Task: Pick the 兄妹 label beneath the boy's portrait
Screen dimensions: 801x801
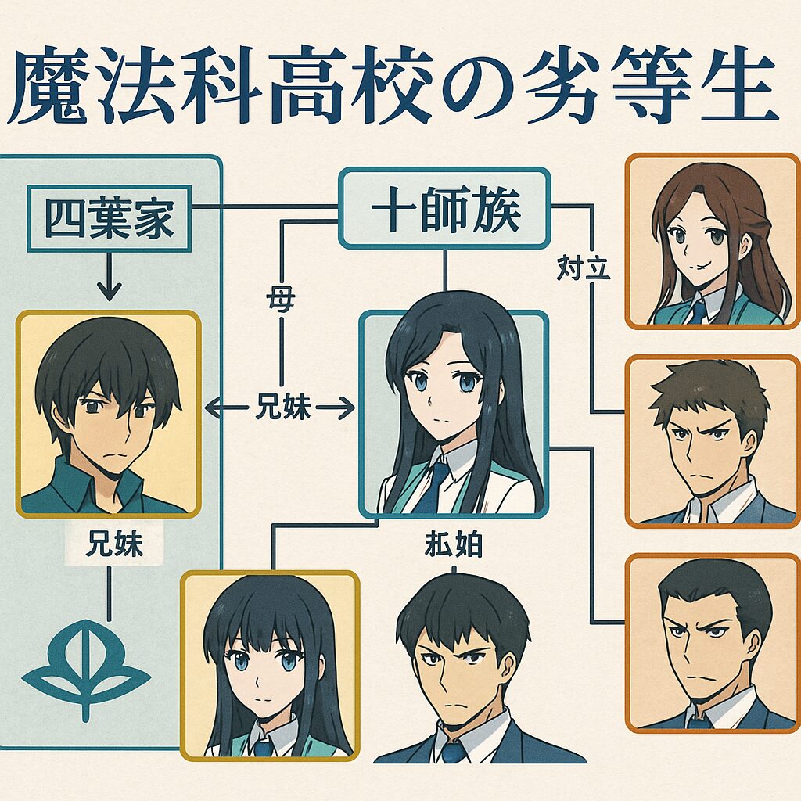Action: (113, 544)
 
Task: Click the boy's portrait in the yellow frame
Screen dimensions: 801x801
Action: (108, 412)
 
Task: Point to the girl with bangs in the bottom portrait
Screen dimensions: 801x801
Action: (270, 665)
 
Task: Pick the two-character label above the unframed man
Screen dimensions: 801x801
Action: (451, 544)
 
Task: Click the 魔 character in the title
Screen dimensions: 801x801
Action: (48, 88)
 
